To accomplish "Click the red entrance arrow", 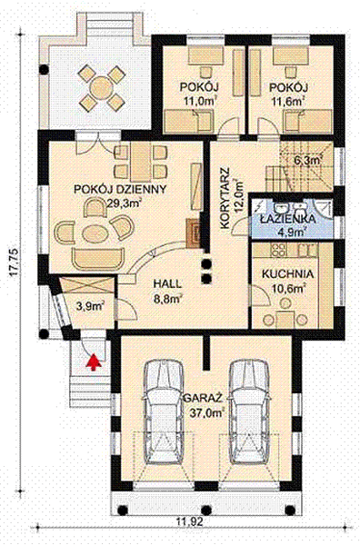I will click(x=91, y=362).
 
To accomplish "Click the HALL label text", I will click(x=167, y=282).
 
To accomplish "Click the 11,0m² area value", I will click(x=199, y=101).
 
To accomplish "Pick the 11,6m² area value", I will click(x=288, y=101).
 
